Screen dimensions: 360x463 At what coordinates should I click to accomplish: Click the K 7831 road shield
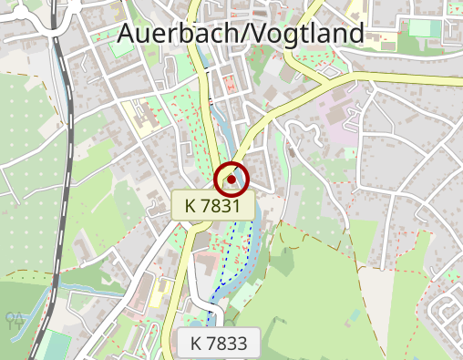click(x=212, y=206)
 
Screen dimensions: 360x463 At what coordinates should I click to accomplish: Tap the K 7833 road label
click(x=218, y=344)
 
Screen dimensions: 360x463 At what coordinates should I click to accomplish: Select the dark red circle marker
click(x=232, y=180)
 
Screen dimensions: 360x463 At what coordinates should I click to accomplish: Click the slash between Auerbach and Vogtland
click(x=235, y=34)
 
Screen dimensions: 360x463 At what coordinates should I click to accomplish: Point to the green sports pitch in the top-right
click(x=421, y=27)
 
